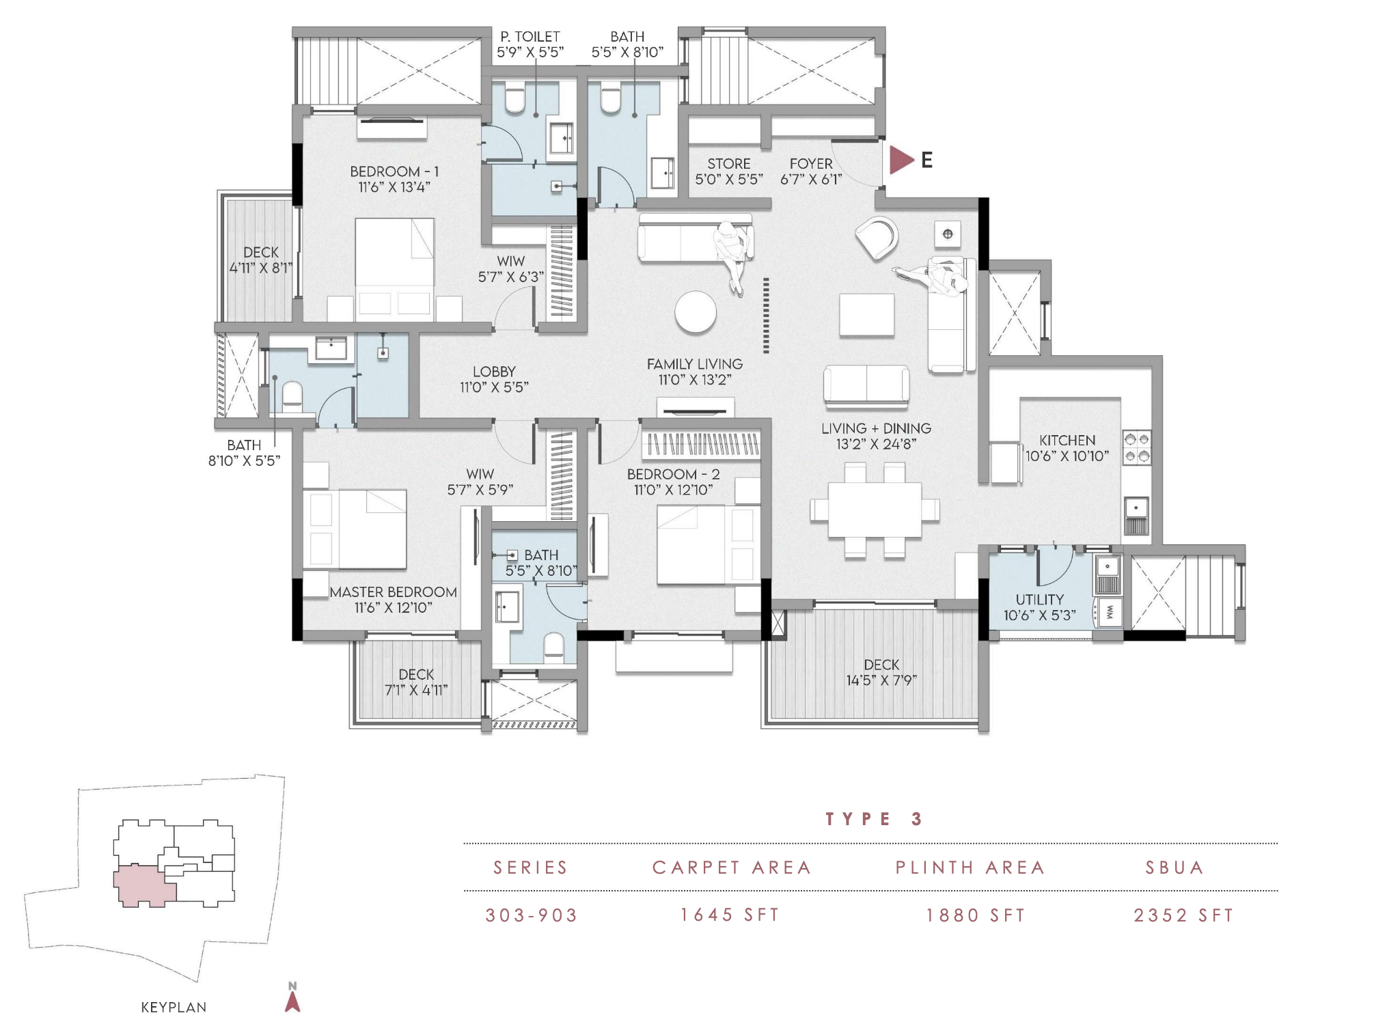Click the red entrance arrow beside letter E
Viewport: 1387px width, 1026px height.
[901, 161]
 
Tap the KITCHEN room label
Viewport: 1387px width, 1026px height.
[1067, 441]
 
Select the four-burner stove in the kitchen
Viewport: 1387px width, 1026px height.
[1137, 447]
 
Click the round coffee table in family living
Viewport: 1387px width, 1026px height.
[696, 313]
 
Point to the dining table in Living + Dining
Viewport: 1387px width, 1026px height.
[875, 510]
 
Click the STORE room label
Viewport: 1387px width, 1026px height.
[729, 164]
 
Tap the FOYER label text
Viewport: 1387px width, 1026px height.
[811, 164]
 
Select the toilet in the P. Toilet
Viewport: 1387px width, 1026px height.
[514, 98]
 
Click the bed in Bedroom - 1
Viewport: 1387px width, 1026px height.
[395, 269]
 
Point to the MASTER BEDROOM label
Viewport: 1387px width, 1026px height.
[394, 592]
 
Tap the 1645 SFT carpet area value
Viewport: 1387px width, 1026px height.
[730, 915]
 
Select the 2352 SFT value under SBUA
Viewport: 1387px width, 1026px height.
[1184, 915]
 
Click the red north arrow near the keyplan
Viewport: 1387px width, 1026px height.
[292, 1001]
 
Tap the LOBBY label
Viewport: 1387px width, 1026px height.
[494, 372]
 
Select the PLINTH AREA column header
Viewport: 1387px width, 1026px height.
[970, 868]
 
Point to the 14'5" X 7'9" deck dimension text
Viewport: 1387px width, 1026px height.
[881, 680]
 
